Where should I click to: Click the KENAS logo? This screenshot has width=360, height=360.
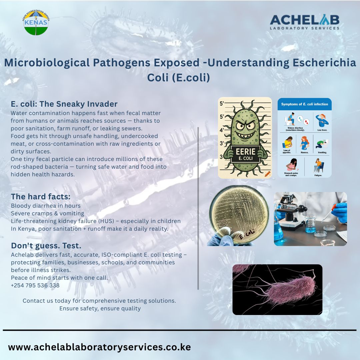click(36, 23)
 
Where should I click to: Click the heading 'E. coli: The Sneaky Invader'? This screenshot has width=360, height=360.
click(64, 104)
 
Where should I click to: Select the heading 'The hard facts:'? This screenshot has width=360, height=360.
click(41, 196)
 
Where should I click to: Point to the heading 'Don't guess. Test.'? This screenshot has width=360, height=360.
click(46, 246)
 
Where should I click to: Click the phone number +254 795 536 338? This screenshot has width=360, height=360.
click(35, 285)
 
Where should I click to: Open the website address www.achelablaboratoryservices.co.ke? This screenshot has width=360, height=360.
click(99, 347)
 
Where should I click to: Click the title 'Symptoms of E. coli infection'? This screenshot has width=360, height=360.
click(304, 104)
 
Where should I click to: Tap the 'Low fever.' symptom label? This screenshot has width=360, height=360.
click(322, 130)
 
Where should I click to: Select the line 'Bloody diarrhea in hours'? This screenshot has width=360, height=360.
click(46, 206)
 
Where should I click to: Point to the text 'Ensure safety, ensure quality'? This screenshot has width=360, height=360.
click(100, 308)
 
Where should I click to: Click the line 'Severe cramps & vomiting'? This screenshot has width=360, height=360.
click(47, 213)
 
